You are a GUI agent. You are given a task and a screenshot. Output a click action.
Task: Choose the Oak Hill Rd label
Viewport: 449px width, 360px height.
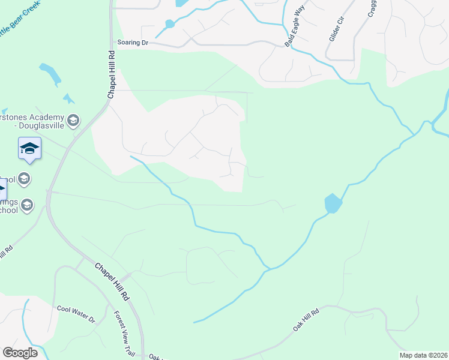click(305, 318)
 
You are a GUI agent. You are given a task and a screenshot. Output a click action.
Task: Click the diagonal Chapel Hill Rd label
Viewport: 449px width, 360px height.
click(112, 281)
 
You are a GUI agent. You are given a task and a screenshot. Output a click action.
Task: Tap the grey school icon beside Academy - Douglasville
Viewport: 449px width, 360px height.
click(73, 121)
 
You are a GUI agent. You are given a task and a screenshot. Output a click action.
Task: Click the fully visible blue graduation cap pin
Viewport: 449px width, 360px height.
click(29, 148)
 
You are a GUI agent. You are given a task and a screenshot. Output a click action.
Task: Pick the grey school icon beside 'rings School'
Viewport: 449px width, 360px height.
click(26, 206)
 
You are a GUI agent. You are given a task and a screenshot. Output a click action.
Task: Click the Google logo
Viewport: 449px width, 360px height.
click(20, 353)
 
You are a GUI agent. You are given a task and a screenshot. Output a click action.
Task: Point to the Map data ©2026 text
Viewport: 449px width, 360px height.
click(423, 355)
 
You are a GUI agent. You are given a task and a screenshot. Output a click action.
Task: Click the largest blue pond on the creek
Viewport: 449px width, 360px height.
click(333, 203)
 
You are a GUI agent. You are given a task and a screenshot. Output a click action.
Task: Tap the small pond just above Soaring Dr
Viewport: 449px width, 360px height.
click(169, 24)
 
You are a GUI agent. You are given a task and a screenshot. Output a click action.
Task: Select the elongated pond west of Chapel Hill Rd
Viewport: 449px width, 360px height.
click(50, 74)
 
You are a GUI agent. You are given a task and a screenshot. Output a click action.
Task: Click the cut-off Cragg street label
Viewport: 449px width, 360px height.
click(372, 9)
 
